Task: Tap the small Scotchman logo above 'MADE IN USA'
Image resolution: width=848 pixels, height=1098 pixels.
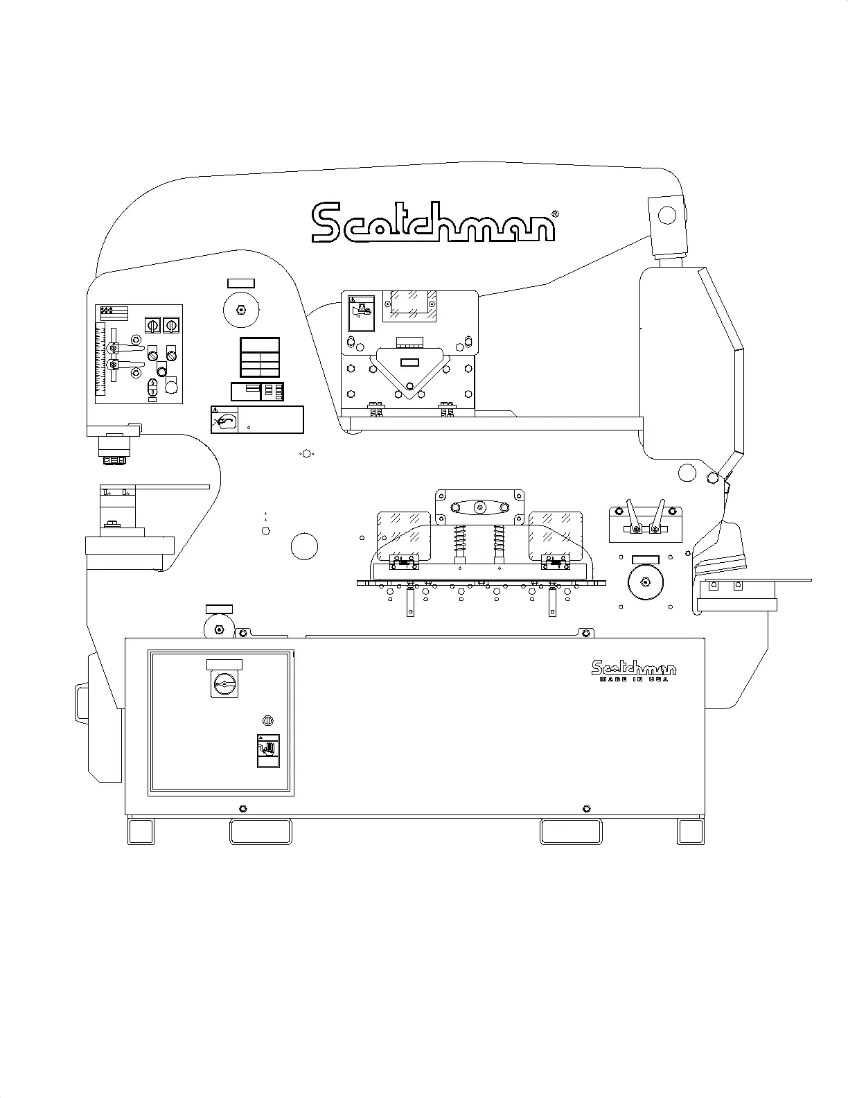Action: coord(634,668)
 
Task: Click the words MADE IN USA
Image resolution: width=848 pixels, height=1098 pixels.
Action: coord(634,679)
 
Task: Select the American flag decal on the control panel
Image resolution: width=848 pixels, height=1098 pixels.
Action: coord(114,312)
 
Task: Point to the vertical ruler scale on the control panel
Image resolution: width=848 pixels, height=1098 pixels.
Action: coord(100,359)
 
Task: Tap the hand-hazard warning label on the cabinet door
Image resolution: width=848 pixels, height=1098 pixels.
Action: coord(268,750)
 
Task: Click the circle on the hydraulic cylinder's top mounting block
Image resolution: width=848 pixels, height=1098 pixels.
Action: coord(666,216)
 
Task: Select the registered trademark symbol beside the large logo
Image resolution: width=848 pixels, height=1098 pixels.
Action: coord(554,215)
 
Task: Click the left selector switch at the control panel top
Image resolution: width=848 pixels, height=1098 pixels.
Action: coord(152,324)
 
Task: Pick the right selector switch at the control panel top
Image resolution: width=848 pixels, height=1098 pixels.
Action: coord(170,324)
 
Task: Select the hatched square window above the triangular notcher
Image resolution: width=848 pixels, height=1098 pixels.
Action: coord(409,304)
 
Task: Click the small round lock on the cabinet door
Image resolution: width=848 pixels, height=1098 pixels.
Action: coord(267,720)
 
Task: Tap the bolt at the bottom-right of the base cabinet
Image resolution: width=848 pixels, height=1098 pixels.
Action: coord(587,808)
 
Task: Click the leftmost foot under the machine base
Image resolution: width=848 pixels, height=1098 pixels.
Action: coord(141,831)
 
